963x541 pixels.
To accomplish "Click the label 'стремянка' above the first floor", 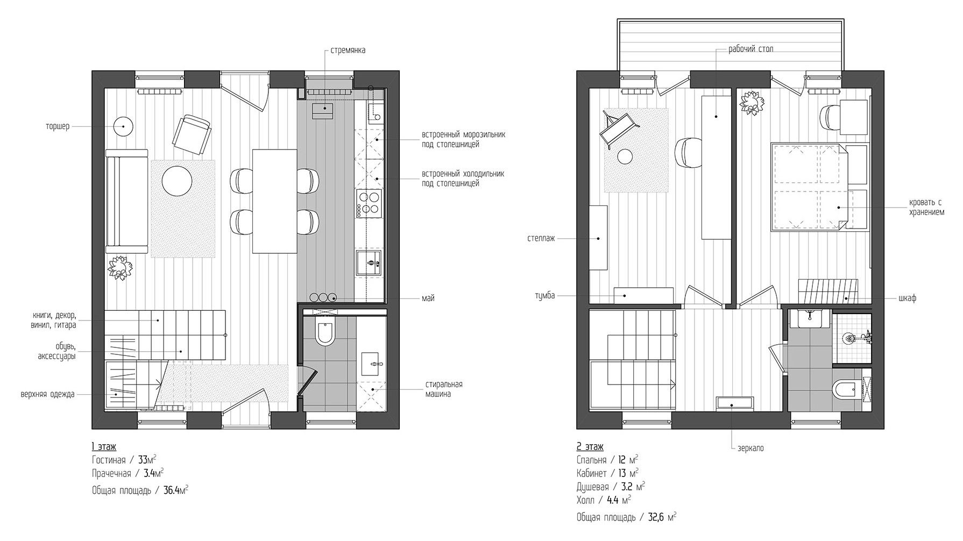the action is tap(348, 51).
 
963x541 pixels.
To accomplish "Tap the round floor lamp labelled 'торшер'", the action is tap(123, 127).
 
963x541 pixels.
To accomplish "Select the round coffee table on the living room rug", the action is tap(177, 181).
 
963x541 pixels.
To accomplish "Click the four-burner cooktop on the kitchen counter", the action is tap(369, 203).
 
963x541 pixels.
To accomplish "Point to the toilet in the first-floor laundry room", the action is tap(325, 333).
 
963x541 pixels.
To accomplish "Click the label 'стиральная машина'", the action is tap(444, 389).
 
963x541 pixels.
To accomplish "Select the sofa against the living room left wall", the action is tap(126, 201).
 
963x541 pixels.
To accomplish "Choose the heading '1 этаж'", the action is tap(104, 447).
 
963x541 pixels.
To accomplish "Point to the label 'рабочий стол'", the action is tap(751, 49).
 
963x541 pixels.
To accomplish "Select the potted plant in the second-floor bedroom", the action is tap(752, 103).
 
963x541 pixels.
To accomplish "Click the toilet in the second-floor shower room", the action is tap(844, 389).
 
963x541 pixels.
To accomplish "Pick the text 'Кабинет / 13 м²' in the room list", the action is tap(607, 473).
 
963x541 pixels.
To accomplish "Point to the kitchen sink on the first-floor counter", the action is tap(369, 264).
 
